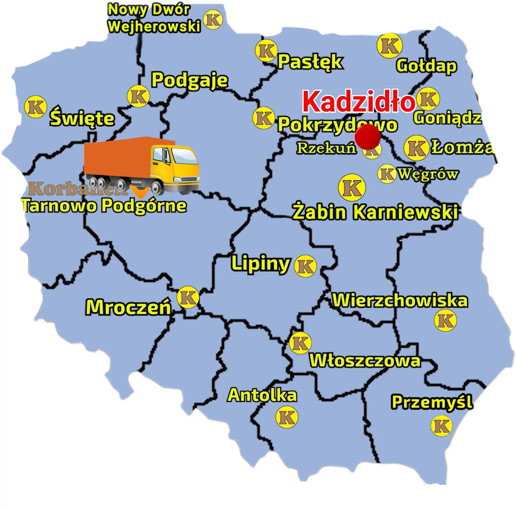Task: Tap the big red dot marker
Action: [368, 136]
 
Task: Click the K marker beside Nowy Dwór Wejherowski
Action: [213, 19]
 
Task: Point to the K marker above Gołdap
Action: [389, 46]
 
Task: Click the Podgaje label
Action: [190, 80]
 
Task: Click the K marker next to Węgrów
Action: [387, 174]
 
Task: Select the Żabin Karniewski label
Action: [375, 212]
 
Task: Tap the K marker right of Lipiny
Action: [305, 266]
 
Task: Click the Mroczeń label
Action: [128, 307]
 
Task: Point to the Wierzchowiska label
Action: [400, 301]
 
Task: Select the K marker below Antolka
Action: [287, 417]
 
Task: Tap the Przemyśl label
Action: [432, 402]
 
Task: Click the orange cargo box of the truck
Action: [117, 158]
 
